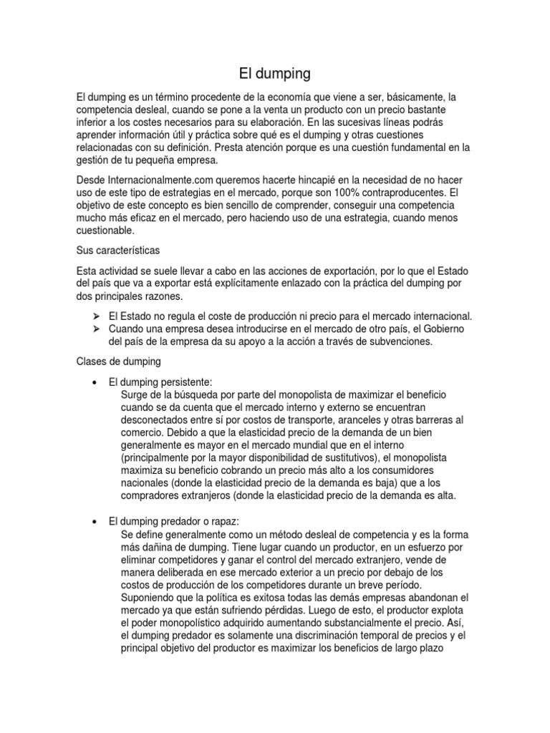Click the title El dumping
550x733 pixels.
[x=275, y=73]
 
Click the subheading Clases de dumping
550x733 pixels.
[x=119, y=361]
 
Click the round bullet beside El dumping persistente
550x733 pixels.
[x=95, y=382]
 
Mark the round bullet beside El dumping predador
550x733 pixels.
[x=95, y=522]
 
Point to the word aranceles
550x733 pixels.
[x=372, y=419]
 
